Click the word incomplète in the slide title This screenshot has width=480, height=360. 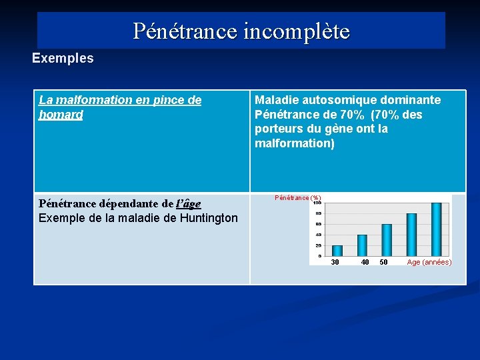coord(297,31)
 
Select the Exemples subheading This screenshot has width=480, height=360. coord(63,58)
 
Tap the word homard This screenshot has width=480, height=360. coord(61,115)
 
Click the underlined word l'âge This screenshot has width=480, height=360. coord(188,203)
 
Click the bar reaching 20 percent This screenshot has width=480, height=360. coord(337,251)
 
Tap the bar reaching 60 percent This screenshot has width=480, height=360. coord(387,240)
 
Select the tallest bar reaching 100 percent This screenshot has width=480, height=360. coord(436,229)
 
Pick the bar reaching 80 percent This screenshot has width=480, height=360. coord(411,235)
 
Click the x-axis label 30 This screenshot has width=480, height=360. coord(335,262)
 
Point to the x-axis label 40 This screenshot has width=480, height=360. coord(365,262)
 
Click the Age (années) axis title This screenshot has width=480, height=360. coord(429,262)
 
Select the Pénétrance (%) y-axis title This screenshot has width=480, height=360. coord(298,197)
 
